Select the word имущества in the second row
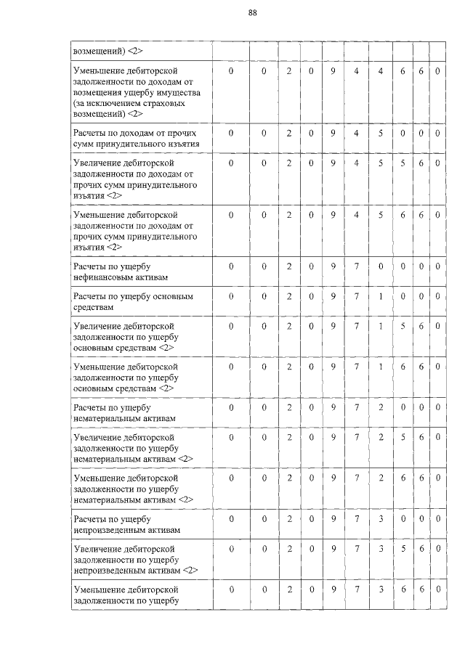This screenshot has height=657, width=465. [185, 94]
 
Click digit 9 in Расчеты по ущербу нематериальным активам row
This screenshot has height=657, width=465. [333, 408]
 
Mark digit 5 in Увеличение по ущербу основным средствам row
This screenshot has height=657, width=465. [402, 326]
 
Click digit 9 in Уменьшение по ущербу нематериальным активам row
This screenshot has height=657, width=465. [333, 478]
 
